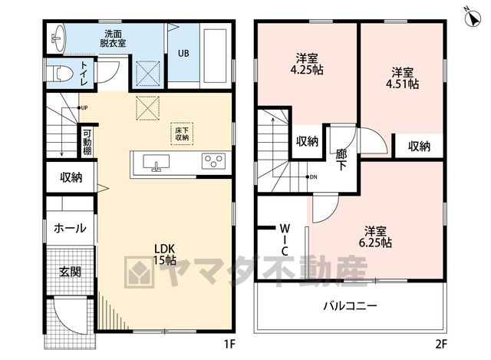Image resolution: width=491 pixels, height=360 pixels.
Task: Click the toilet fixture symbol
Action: [63, 74]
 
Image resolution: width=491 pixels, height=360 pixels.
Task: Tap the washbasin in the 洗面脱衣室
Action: [58, 38]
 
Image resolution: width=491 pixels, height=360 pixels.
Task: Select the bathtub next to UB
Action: [215, 56]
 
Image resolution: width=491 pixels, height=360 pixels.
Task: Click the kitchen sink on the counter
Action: [156, 162]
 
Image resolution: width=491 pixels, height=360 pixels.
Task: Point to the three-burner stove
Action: [213, 161]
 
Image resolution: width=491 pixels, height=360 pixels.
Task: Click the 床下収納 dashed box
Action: [182, 134]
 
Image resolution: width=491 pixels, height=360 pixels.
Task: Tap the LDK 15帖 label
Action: [164, 254]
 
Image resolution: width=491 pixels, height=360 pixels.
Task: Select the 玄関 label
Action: [70, 272]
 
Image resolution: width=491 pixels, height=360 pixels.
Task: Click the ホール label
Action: [70, 228]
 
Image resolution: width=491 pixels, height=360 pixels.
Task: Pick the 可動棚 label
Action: [87, 142]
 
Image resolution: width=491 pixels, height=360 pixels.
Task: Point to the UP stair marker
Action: [82, 107]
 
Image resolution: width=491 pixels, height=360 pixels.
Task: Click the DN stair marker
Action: [311, 177]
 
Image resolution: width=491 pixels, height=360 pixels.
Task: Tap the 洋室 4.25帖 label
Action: [307, 64]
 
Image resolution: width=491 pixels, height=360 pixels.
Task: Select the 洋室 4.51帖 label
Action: [402, 78]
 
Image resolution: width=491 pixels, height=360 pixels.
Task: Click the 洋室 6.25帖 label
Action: [375, 237]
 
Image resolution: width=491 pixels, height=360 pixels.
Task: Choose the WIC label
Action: [285, 239]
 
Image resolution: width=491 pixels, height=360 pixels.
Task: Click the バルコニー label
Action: [350, 306]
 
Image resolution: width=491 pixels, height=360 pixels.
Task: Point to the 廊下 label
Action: [341, 160]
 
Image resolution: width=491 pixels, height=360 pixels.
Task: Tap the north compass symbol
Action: [473, 18]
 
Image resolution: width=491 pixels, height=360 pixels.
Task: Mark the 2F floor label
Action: [441, 345]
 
